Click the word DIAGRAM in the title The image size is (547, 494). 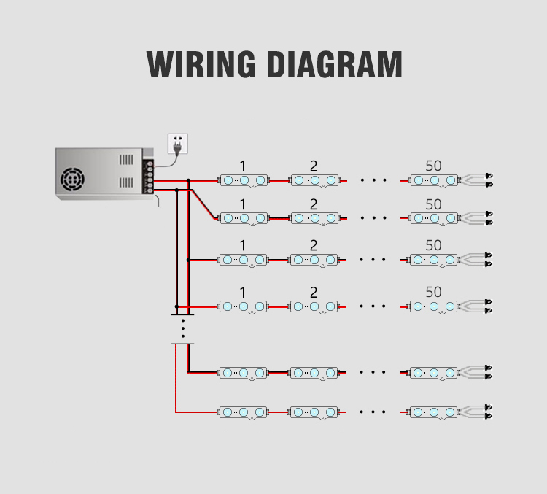(x=334, y=64)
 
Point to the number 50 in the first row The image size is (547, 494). (x=433, y=166)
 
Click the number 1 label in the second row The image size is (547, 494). (x=243, y=204)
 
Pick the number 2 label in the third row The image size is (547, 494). (x=314, y=246)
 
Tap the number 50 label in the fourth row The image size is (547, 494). (x=433, y=292)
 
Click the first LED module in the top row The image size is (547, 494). (x=244, y=180)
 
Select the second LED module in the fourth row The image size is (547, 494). (x=314, y=306)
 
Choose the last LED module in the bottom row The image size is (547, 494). (x=434, y=413)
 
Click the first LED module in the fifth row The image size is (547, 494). (x=244, y=373)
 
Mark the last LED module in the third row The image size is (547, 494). (x=434, y=260)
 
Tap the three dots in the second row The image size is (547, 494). (x=373, y=217)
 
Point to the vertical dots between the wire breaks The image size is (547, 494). (x=182, y=328)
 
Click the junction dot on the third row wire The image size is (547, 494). (x=188, y=259)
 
